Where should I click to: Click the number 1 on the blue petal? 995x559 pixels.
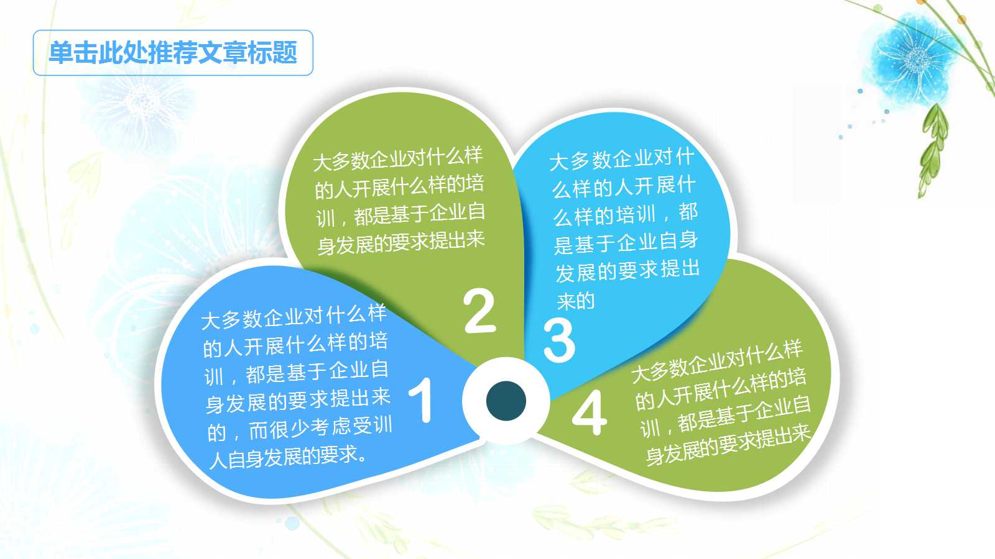(x=422, y=400)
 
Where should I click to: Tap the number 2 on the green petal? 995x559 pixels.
(x=479, y=311)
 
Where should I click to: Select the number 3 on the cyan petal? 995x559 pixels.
(x=558, y=340)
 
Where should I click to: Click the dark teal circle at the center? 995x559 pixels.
(x=506, y=401)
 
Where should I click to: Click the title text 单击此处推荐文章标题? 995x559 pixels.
(x=173, y=53)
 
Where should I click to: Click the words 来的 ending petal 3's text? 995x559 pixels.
(x=576, y=301)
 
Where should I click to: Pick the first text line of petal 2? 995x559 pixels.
(x=397, y=158)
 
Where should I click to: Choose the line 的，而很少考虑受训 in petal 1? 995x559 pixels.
(x=299, y=429)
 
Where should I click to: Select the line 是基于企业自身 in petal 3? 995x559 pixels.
(x=626, y=242)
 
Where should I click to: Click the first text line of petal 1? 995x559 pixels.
(x=294, y=317)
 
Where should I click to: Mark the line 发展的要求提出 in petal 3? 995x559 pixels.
(x=627, y=271)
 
